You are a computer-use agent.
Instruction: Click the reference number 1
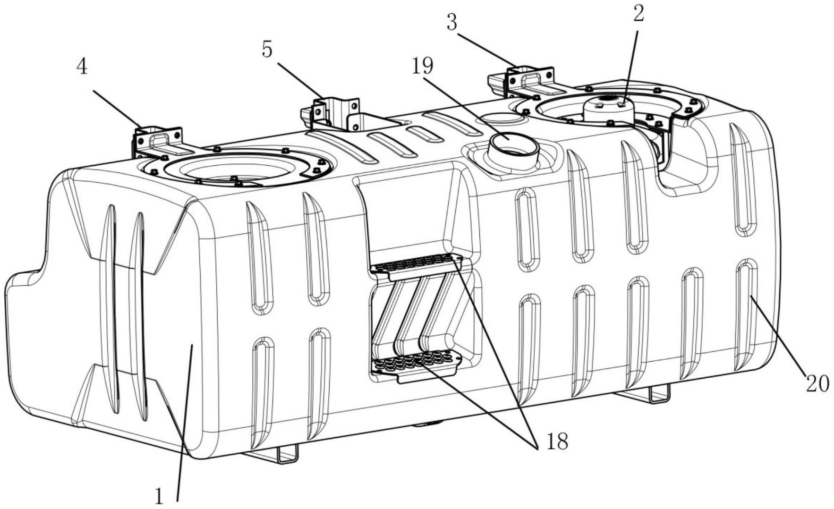click(x=159, y=497)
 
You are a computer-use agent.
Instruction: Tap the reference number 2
click(x=638, y=14)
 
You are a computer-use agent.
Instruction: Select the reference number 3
click(x=452, y=23)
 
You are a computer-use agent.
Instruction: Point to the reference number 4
click(x=82, y=67)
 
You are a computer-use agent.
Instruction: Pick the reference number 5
click(x=267, y=50)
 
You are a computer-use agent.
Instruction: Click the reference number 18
click(x=557, y=442)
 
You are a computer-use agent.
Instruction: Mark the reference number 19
click(x=422, y=66)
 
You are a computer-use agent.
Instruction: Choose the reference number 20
click(x=817, y=383)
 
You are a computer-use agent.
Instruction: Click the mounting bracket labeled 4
click(x=157, y=142)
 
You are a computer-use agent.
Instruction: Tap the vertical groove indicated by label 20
click(x=746, y=314)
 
